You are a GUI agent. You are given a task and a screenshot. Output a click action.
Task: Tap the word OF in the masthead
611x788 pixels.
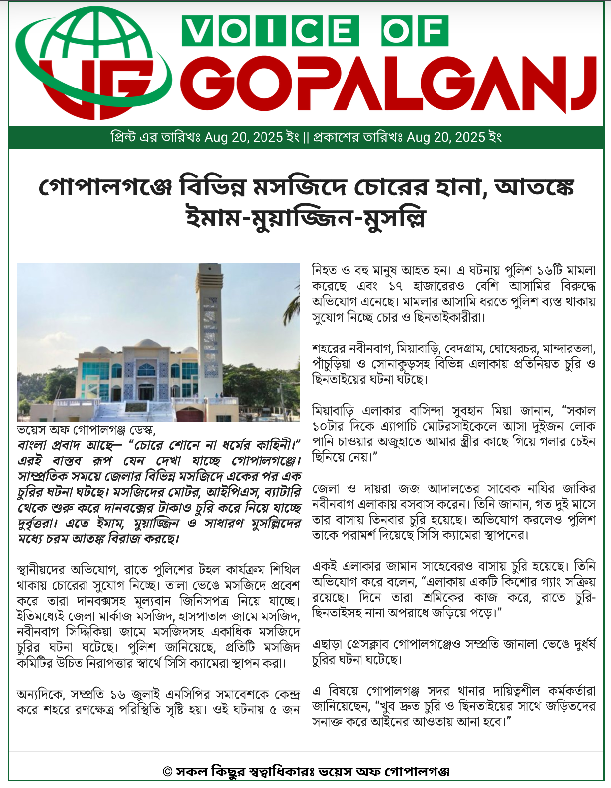[x=415, y=31]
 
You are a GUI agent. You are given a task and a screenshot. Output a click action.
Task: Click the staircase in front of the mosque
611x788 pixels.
[x=134, y=410]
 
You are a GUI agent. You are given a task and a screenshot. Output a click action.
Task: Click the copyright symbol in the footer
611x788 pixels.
[x=168, y=772]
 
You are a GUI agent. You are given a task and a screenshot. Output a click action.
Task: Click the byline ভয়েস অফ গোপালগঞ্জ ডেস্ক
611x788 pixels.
[x=86, y=430]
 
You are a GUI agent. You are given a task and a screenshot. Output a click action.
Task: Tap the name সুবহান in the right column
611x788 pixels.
[x=467, y=411]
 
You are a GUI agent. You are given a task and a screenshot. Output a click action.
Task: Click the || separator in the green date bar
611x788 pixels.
[x=306, y=137]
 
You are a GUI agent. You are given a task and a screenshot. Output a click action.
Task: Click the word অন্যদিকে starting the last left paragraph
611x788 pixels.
[x=40, y=694]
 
